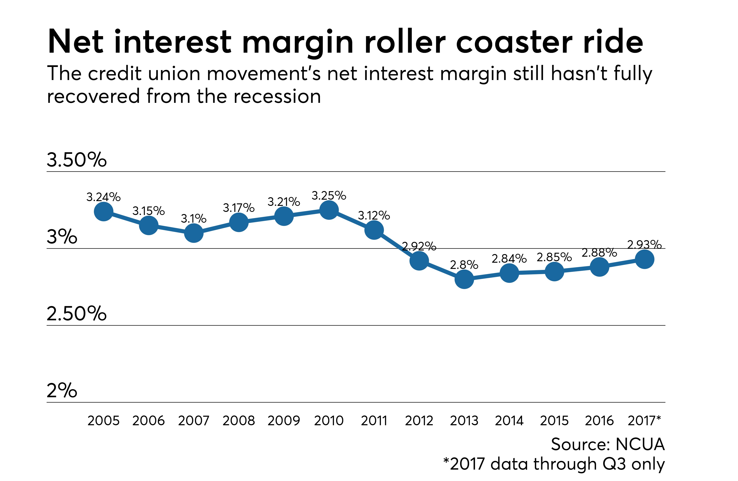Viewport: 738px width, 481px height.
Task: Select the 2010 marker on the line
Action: [x=329, y=210]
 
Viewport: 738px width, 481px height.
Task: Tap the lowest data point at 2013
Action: [x=464, y=279]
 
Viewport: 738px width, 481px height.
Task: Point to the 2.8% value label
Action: [x=464, y=265]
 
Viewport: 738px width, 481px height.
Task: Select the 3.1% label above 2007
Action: [x=193, y=219]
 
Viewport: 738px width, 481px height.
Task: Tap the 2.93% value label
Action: [x=644, y=245]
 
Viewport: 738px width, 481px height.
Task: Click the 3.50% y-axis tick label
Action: [x=76, y=160]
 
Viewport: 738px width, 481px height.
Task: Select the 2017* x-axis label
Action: [x=644, y=420]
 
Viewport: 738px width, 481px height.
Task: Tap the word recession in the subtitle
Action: [x=277, y=96]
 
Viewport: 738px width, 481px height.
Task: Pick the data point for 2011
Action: [x=374, y=230]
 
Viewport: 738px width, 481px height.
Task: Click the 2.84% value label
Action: [x=509, y=258]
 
